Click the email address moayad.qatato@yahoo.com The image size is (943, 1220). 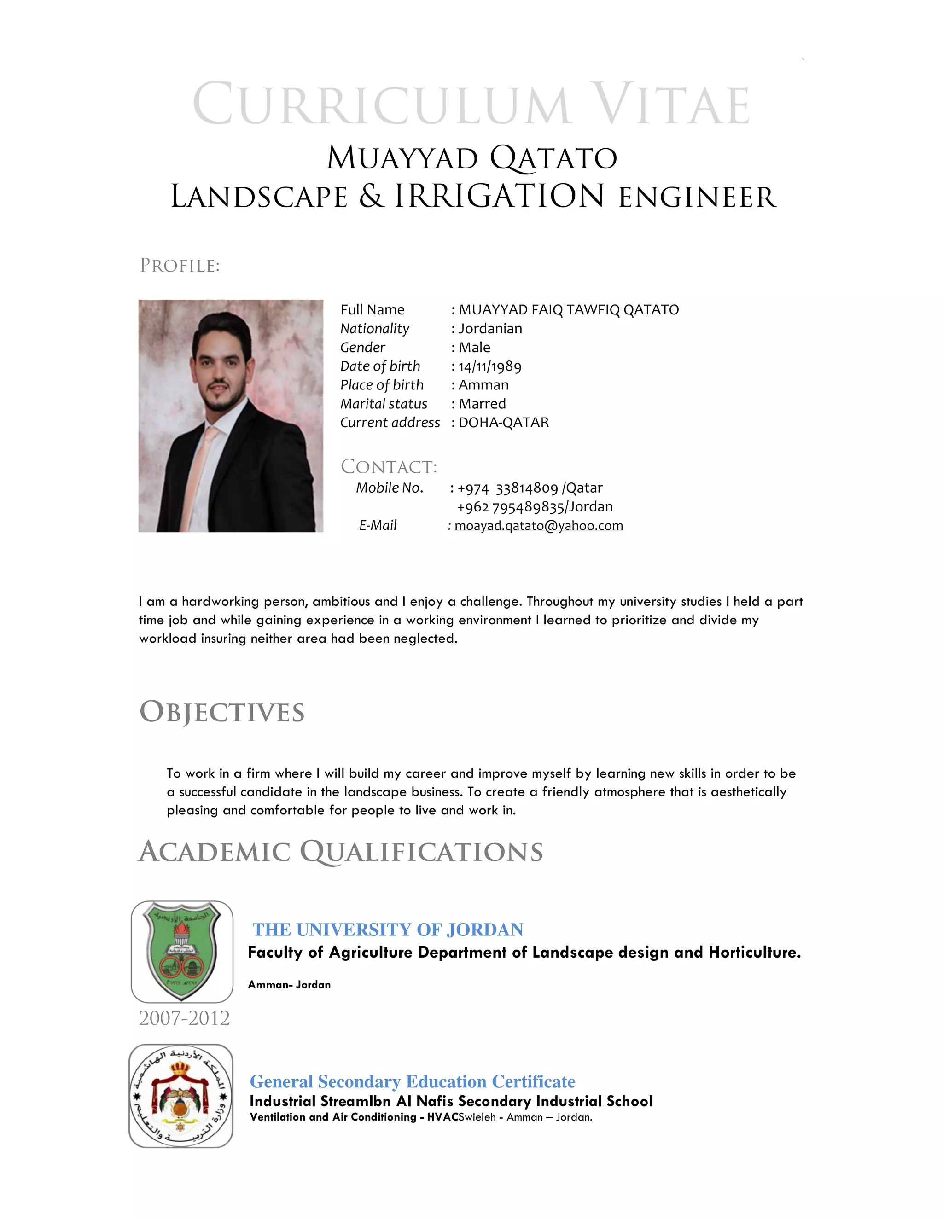pyautogui.click(x=539, y=526)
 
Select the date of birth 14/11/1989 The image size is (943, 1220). pyautogui.click(x=490, y=366)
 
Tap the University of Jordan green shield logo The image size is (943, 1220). pyautogui.click(x=181, y=951)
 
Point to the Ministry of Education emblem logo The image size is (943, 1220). pyautogui.click(x=180, y=1096)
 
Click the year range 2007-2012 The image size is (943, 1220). pyautogui.click(x=184, y=1018)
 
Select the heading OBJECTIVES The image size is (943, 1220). pyautogui.click(x=222, y=712)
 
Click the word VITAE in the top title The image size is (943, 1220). pyautogui.click(x=670, y=105)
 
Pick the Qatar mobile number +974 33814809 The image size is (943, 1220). pyautogui.click(x=508, y=488)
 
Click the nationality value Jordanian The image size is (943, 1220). pyautogui.click(x=490, y=328)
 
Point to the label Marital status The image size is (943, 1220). pyautogui.click(x=384, y=404)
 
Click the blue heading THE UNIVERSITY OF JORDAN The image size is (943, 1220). pyautogui.click(x=388, y=930)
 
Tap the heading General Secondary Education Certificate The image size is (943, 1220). pyautogui.click(x=412, y=1081)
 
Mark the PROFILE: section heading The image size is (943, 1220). pyautogui.click(x=179, y=266)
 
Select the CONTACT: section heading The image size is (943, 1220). pyautogui.click(x=389, y=466)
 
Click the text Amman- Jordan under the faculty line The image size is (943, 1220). pyautogui.click(x=289, y=985)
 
